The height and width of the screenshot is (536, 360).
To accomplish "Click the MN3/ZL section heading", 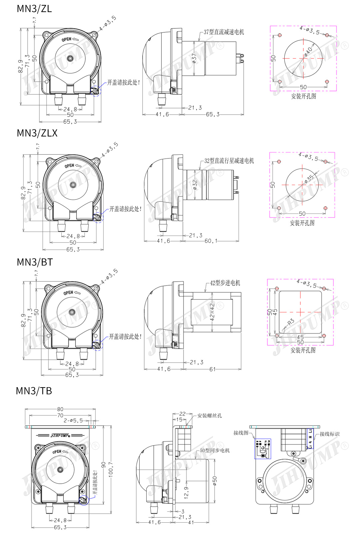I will tap(34, 9).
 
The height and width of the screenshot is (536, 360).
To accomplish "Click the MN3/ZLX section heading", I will tap(37, 133).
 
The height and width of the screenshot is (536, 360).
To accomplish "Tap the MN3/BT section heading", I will tap(35, 262).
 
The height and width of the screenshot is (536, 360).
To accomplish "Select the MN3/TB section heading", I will tap(34, 391).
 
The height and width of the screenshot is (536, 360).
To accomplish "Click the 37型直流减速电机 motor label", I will tap(224, 32).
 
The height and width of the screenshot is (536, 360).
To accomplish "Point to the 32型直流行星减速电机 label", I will tap(229, 161).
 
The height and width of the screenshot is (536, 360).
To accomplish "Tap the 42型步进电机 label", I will tap(225, 283).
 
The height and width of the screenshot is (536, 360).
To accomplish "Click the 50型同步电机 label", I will tap(215, 450).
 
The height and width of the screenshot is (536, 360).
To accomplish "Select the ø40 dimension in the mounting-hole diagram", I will tap(308, 51).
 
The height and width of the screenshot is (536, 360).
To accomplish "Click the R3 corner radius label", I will tap(291, 322).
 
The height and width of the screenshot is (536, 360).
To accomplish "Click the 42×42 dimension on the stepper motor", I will tap(212, 312).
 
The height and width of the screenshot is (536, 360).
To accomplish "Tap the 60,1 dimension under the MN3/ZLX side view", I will tap(211, 241).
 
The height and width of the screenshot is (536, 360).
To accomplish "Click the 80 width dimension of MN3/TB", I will tap(60, 409).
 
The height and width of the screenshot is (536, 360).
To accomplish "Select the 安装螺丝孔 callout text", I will tap(209, 416).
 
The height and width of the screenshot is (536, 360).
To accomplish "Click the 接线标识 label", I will tap(329, 434).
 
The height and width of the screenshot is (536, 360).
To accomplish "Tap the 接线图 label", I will tap(241, 433).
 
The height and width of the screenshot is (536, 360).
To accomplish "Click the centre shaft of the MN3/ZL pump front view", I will tap(70, 58).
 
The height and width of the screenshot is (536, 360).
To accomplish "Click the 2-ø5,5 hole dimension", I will tap(73, 421).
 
